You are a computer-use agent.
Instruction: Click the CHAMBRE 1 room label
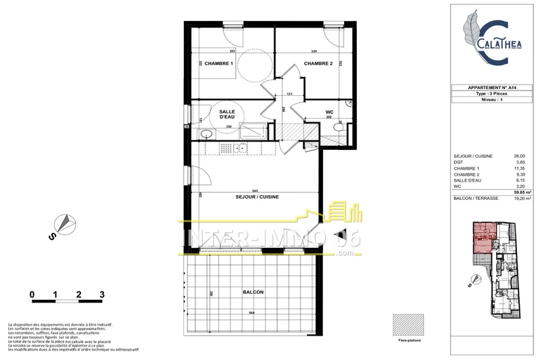point(215,63)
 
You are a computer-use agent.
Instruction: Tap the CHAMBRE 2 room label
point(318,63)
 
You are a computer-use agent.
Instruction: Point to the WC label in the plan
point(329,111)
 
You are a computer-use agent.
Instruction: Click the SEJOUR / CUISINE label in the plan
point(257,197)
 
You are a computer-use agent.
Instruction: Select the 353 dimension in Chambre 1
point(232,51)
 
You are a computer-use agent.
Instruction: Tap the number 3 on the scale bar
point(101,294)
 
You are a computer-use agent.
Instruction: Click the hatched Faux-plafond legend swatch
point(410,324)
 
